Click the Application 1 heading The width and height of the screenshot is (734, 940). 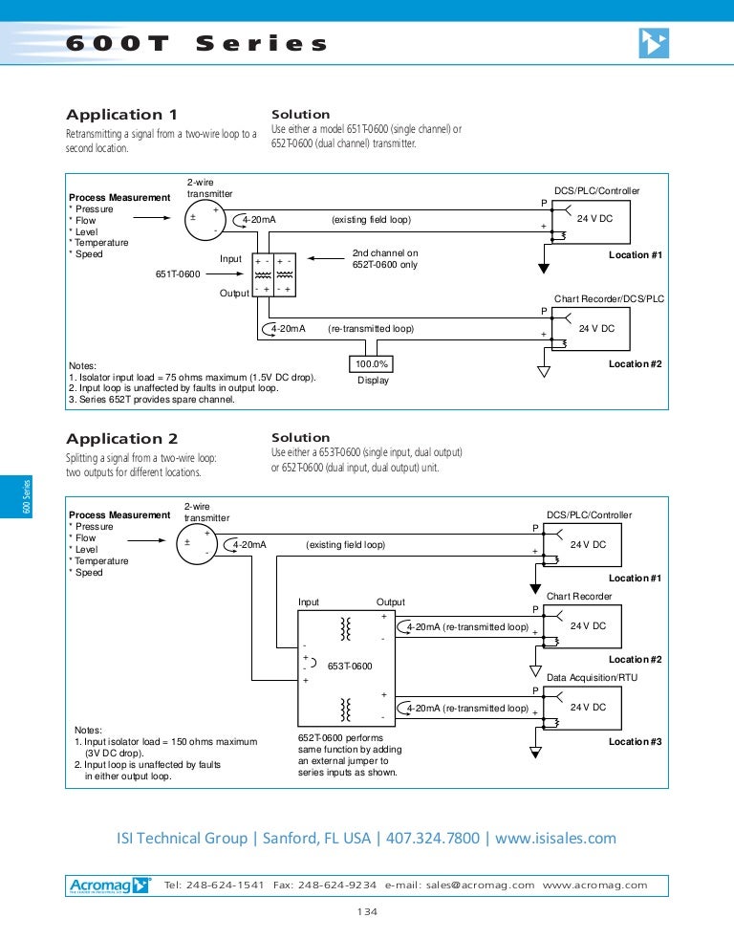pyautogui.click(x=121, y=115)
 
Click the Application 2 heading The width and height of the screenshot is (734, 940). pyautogui.click(x=121, y=439)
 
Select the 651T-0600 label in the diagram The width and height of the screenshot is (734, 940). pyautogui.click(x=178, y=274)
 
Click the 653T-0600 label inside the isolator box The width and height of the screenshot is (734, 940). pyautogui.click(x=350, y=666)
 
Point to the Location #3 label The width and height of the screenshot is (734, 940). pyautogui.click(x=635, y=742)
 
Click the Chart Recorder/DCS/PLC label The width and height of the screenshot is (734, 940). pyautogui.click(x=609, y=299)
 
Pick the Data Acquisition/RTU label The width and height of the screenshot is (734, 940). pyautogui.click(x=592, y=678)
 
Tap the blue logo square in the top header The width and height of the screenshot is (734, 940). pyautogui.click(x=654, y=43)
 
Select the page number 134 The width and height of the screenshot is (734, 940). pyautogui.click(x=367, y=912)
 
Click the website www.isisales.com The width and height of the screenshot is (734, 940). pyautogui.click(x=555, y=839)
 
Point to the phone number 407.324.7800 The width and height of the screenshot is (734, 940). pyautogui.click(x=432, y=839)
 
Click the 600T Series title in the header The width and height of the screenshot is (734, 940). pyautogui.click(x=197, y=44)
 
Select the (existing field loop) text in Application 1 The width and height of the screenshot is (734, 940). pyautogui.click(x=371, y=220)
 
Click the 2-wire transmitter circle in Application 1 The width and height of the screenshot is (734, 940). pyautogui.click(x=202, y=220)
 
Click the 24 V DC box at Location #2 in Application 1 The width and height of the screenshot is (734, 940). pyautogui.click(x=595, y=328)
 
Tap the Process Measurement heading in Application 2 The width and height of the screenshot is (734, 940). pyautogui.click(x=119, y=514)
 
